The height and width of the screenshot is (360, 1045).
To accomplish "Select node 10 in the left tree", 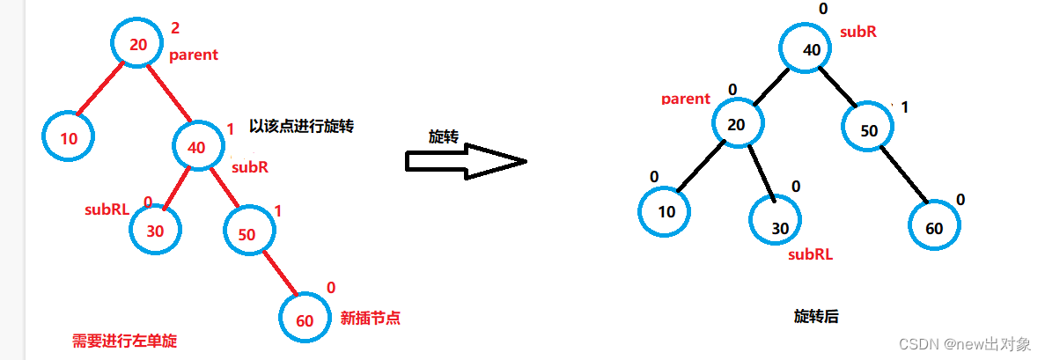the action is coord(68,139).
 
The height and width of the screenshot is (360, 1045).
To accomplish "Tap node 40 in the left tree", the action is coord(199,146).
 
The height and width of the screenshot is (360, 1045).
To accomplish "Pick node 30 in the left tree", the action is coord(155,231).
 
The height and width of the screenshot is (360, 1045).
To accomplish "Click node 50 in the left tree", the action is coord(248,234).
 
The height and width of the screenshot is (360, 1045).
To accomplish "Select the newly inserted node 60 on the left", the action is coord(305,320).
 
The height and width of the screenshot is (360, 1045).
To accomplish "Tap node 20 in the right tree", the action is coord(737,125).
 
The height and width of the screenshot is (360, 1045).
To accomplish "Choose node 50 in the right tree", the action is coord(868,131).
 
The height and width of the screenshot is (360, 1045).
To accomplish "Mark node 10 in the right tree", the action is coord(666,211).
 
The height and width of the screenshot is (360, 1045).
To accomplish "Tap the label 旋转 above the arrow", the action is coord(443,136).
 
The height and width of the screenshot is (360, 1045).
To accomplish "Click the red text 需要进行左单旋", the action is coord(124,341).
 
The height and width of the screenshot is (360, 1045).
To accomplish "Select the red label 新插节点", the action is coord(370,319).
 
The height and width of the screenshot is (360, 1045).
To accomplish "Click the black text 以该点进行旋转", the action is coord(301,126).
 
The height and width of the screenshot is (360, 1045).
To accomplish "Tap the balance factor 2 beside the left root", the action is coord(175,29).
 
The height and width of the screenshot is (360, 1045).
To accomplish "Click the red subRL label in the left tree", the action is coord(107,209).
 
